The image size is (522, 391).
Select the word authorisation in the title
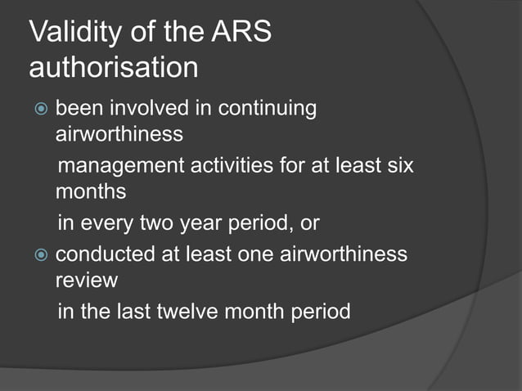coord(113,67)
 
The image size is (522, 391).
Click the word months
coord(90,194)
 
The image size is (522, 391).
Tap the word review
coord(87,281)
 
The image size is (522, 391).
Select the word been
coord(78,109)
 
